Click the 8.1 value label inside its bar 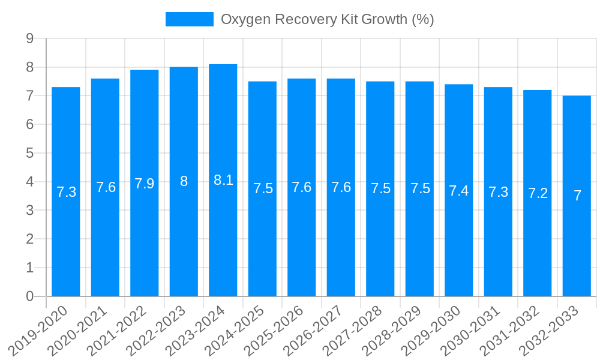pos(223,180)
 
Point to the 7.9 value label pos(145,184)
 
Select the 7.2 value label pos(538,193)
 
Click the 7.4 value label pos(459,191)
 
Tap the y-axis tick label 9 pos(29,39)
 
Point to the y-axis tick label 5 pos(29,153)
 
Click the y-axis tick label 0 pos(29,296)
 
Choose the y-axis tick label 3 pos(29,211)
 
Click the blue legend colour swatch pos(189,19)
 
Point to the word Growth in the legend pos(385,19)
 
